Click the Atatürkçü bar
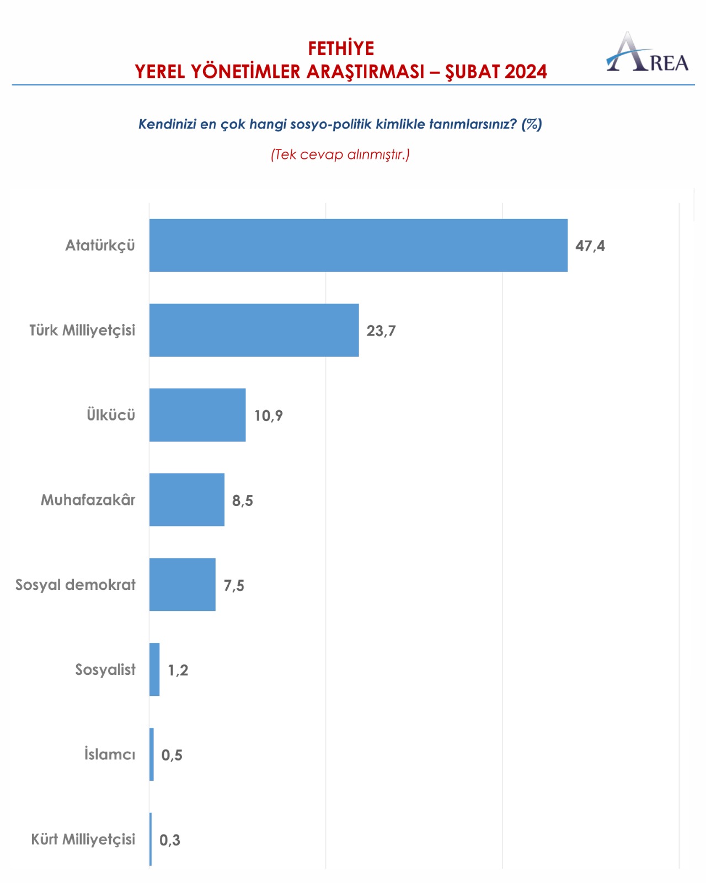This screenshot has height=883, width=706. (x=359, y=246)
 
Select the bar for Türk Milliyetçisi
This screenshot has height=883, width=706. (x=254, y=330)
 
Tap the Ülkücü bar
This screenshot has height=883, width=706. (x=197, y=415)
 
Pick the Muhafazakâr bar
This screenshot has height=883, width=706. (x=187, y=499)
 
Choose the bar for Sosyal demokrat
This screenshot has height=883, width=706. (x=183, y=584)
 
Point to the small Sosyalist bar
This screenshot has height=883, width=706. (x=154, y=669)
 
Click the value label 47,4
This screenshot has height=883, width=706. (x=590, y=246)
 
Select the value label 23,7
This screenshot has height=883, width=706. (x=381, y=331)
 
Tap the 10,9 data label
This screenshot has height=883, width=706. (x=269, y=416)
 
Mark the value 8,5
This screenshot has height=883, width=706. (x=243, y=501)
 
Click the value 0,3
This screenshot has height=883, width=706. (x=170, y=840)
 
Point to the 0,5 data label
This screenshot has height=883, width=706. (x=172, y=755)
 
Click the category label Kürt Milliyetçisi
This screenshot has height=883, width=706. (x=83, y=839)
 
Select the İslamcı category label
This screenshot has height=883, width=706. (x=110, y=754)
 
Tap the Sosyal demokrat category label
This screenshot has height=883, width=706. (x=76, y=585)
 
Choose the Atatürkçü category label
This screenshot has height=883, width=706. (x=100, y=246)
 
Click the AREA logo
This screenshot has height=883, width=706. (x=648, y=53)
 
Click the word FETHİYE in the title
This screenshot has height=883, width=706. (x=341, y=49)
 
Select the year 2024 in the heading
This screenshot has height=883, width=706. (x=526, y=72)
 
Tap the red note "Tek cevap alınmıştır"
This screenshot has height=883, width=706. (x=340, y=155)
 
